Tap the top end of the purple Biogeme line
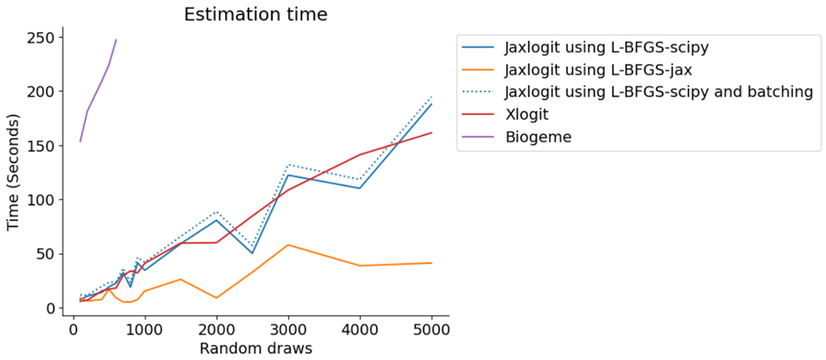[x=116, y=40]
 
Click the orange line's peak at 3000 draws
[x=288, y=245]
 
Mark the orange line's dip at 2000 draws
[x=216, y=298]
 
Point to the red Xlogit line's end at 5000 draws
[x=432, y=132]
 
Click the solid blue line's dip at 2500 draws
[x=252, y=253]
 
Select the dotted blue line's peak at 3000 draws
[x=288, y=164]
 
